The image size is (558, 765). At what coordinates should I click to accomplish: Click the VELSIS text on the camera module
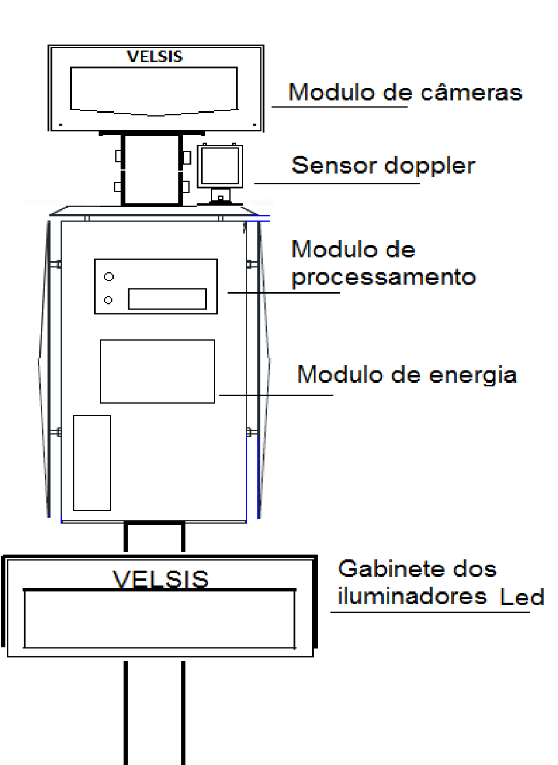click(155, 56)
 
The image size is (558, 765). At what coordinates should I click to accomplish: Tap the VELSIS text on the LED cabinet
click(160, 579)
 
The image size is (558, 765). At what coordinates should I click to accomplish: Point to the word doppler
click(430, 166)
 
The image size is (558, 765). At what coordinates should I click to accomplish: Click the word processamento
click(383, 278)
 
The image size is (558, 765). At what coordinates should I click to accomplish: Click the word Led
click(522, 597)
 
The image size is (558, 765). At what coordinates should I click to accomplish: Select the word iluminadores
click(412, 596)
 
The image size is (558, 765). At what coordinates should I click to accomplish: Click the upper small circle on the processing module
click(109, 276)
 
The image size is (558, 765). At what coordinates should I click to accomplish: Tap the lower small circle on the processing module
click(108, 300)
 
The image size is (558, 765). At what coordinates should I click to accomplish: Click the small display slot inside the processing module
click(168, 299)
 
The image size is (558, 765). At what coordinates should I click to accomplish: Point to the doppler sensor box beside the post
click(220, 166)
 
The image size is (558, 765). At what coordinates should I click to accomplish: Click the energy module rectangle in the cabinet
click(157, 372)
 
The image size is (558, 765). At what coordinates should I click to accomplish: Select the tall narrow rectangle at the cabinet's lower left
click(92, 463)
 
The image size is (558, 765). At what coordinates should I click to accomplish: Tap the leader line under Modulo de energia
click(276, 395)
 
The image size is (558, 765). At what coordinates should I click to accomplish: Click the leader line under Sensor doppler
click(337, 184)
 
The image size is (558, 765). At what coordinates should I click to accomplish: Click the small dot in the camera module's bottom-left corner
click(61, 125)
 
